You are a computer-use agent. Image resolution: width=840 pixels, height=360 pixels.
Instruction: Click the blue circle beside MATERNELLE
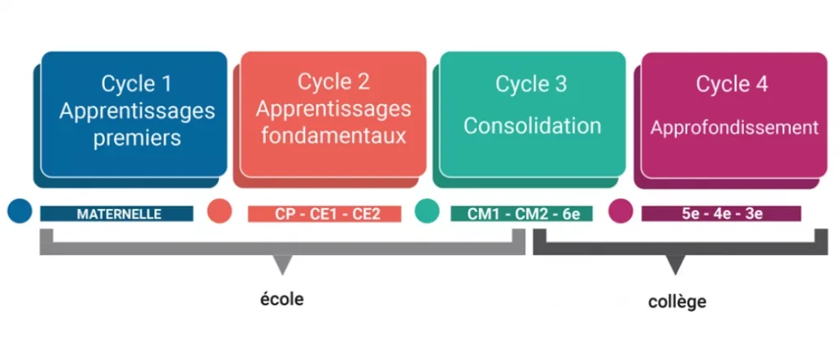click(x=20, y=211)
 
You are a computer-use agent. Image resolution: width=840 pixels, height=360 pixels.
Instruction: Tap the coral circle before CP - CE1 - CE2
click(x=220, y=211)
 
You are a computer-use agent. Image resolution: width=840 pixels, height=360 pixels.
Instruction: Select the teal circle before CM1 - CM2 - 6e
click(x=427, y=211)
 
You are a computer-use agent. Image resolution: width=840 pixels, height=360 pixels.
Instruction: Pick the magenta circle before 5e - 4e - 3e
click(x=621, y=211)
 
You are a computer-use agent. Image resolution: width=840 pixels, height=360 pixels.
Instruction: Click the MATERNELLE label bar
click(x=116, y=214)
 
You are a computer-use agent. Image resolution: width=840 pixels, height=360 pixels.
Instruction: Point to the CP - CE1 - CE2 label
click(x=325, y=214)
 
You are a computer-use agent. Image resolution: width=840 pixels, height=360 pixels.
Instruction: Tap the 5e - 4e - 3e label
click(x=721, y=214)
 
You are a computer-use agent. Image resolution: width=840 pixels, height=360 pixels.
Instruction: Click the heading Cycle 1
click(x=137, y=84)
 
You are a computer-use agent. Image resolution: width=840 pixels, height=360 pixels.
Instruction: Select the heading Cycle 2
click(x=334, y=82)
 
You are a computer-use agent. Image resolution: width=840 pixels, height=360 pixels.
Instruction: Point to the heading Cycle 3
click(x=531, y=84)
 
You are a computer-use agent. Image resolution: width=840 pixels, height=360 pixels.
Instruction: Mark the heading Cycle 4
click(x=732, y=84)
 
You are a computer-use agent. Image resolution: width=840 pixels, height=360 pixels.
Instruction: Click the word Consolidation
click(x=532, y=126)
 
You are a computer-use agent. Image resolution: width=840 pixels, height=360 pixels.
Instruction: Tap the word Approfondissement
click(x=734, y=128)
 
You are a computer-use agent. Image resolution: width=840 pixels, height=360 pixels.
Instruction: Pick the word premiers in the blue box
click(x=137, y=137)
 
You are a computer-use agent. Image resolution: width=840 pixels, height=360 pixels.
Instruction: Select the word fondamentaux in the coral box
click(x=334, y=135)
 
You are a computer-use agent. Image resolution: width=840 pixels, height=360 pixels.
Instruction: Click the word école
click(x=282, y=299)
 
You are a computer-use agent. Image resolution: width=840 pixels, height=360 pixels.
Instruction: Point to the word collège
click(x=677, y=302)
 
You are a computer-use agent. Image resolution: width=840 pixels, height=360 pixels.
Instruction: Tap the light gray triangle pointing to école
click(x=283, y=264)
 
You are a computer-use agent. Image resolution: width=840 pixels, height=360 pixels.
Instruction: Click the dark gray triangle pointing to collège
click(x=676, y=264)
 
